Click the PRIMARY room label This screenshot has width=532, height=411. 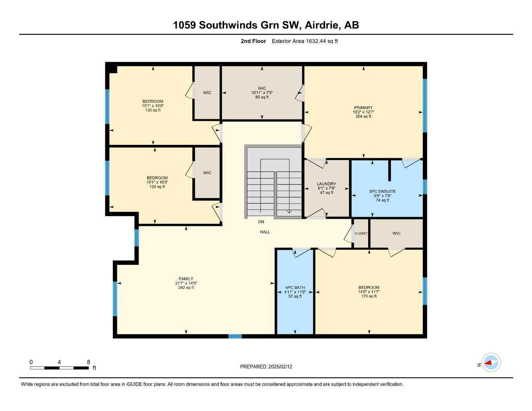363,108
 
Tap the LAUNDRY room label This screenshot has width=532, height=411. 326,184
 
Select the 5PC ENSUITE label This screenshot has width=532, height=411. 383,191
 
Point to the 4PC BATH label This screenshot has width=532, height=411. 295,287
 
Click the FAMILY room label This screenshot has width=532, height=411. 186,279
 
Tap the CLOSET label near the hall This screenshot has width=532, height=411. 361,233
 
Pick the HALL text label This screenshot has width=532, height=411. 265,232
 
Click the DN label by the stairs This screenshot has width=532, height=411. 261,222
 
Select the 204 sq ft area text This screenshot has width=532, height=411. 363,116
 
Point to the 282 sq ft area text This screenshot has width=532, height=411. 186,287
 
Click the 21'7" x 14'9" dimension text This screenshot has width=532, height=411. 186,283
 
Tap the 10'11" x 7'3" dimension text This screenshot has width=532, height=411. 262,93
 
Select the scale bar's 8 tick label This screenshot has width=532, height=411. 88,362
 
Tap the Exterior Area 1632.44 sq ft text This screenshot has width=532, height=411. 305,41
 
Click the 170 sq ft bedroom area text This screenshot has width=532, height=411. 369,296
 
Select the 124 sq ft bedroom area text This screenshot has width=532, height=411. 157,187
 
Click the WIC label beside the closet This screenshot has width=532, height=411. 396,233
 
